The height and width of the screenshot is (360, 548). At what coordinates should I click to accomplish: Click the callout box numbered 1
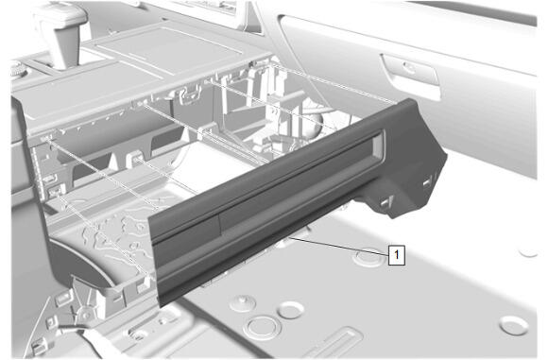click(x=397, y=255)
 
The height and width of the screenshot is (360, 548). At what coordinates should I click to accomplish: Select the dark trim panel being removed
click(x=297, y=199)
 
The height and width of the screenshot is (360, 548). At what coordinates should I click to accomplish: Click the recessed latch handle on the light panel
click(x=411, y=76)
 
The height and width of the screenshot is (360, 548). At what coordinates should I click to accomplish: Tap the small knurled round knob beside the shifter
click(x=19, y=70)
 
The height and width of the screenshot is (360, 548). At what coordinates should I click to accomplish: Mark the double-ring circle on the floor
click(x=262, y=328)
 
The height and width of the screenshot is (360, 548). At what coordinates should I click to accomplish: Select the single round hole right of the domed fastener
click(x=291, y=310)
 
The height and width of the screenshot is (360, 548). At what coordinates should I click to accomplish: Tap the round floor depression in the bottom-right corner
click(x=514, y=325)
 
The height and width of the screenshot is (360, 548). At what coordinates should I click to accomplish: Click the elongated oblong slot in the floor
click(x=335, y=344)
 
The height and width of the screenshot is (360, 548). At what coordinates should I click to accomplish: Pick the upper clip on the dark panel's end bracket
click(x=428, y=181)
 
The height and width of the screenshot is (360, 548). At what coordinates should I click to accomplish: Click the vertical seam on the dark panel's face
click(x=219, y=223)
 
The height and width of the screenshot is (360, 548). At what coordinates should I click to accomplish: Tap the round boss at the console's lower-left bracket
click(x=85, y=315)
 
